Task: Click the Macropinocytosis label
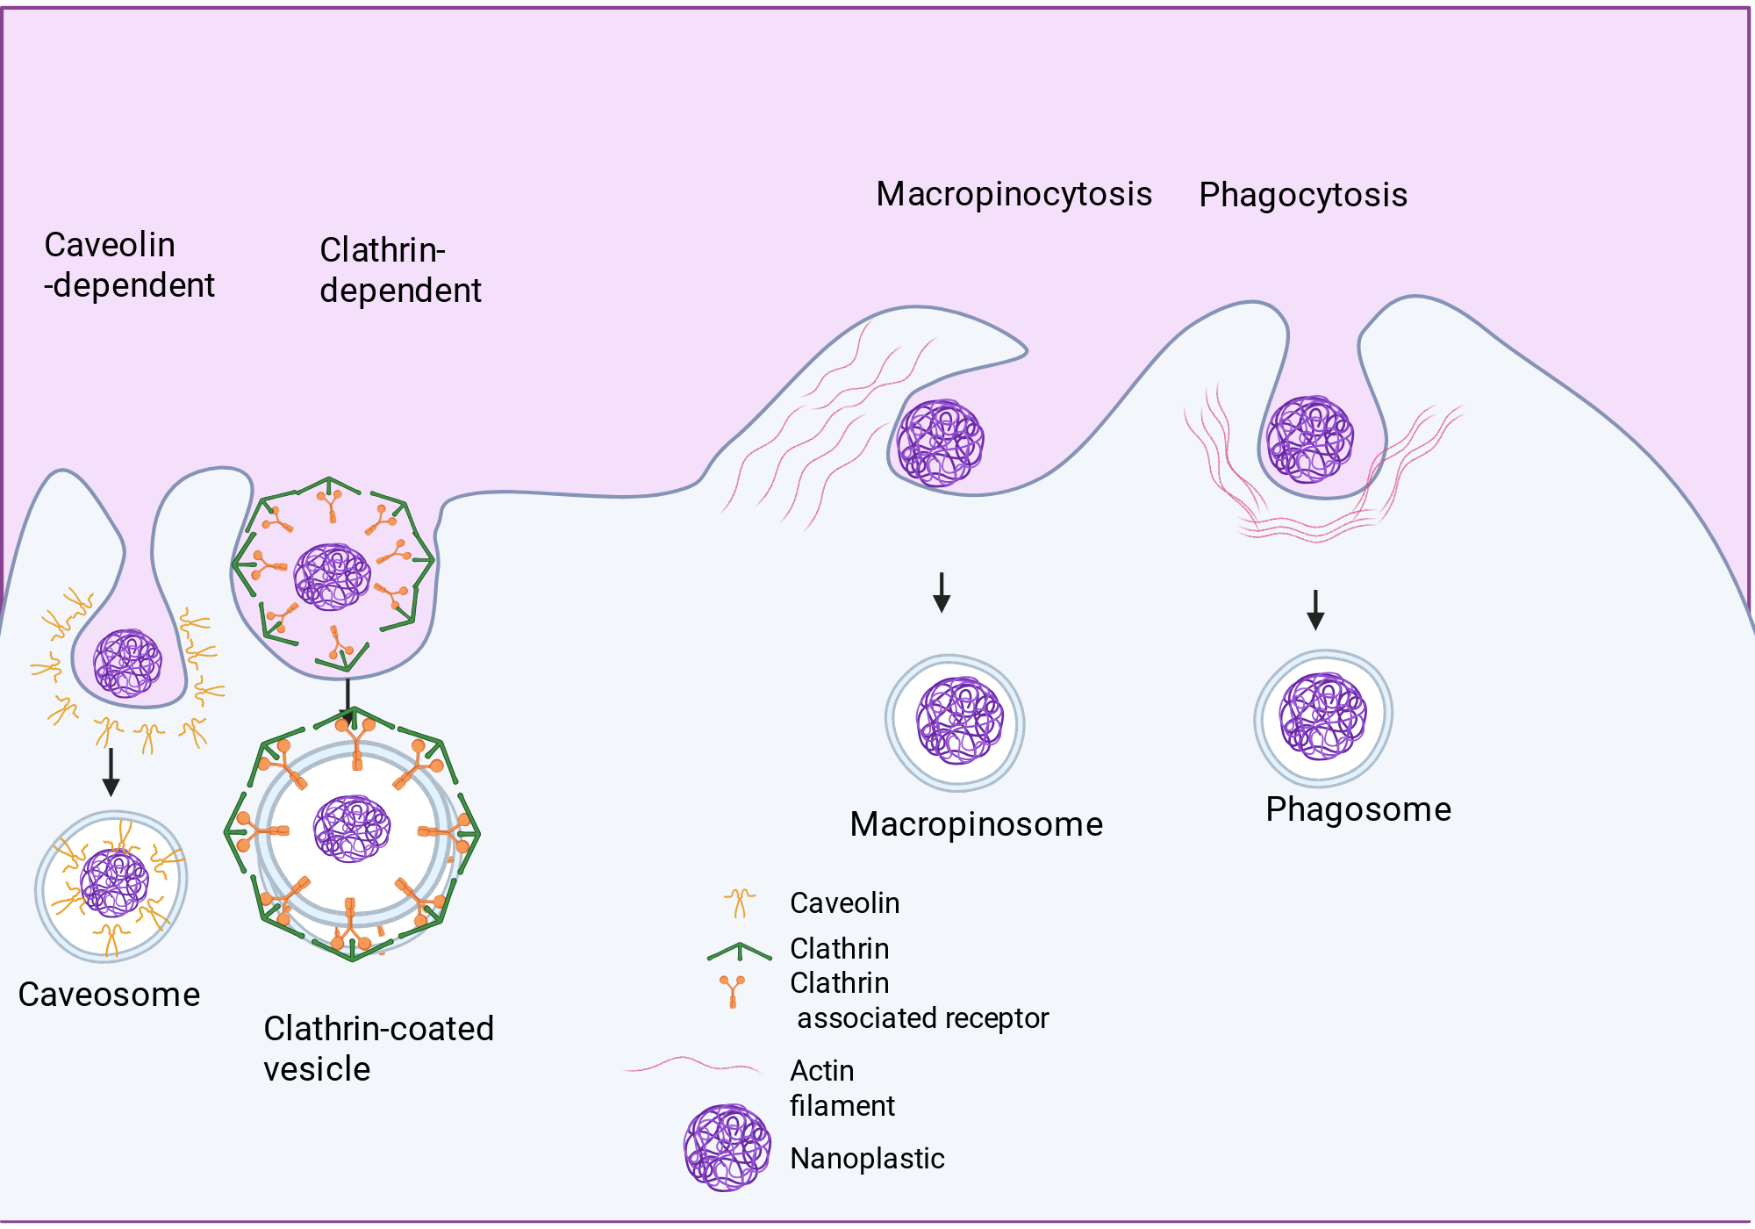point(1014,195)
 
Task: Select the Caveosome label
point(109,995)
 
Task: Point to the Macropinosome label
point(976,824)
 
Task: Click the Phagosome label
point(1358,809)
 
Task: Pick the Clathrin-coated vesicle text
point(379,1048)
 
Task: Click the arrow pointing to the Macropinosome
point(942,593)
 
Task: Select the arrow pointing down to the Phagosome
point(1315,610)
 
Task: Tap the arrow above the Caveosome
point(111,773)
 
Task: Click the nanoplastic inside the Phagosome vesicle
point(1323,716)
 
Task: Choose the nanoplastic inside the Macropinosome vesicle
point(960,721)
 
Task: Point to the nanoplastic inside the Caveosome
point(115,882)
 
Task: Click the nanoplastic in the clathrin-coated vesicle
point(353,829)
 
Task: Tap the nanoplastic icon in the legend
point(727,1147)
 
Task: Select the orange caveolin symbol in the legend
point(740,903)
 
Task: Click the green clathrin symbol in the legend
point(740,951)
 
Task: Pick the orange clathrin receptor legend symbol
point(733,992)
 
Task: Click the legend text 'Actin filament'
point(842,1089)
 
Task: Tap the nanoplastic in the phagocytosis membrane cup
point(1310,440)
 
